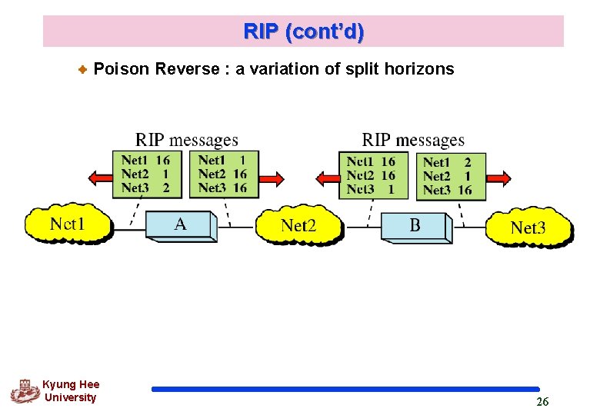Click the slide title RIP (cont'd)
[x=303, y=32]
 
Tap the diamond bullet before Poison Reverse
[x=84, y=70]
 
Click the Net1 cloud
[x=67, y=224]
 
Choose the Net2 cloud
[x=298, y=225]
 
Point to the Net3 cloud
[x=528, y=227]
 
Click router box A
[x=180, y=224]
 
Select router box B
[x=415, y=226]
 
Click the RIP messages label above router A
[x=187, y=140]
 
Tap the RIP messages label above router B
[x=413, y=140]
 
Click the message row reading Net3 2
[x=145, y=188]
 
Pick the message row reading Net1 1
[x=222, y=161]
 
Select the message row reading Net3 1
[x=371, y=188]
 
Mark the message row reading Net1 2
[x=448, y=162]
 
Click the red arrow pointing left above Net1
[x=100, y=178]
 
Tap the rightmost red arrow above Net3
[x=497, y=178]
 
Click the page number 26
[x=542, y=402]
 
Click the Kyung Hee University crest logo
[x=25, y=391]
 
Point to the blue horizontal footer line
[x=345, y=390]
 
